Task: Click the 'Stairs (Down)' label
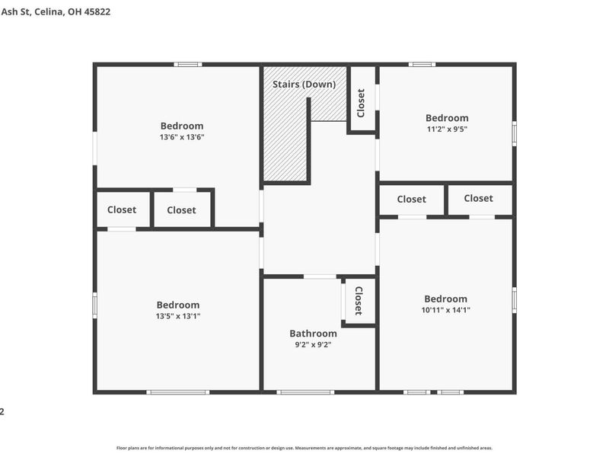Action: pyautogui.click(x=304, y=84)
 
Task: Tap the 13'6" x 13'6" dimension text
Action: pyautogui.click(x=182, y=138)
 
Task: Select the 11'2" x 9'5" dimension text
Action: pyautogui.click(x=447, y=130)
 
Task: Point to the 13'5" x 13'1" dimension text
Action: pyautogui.click(x=178, y=317)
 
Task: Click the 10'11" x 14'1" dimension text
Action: pyautogui.click(x=445, y=311)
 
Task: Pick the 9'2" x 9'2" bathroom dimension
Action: pyautogui.click(x=313, y=344)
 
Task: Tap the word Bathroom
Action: pyautogui.click(x=313, y=334)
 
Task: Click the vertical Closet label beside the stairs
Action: pyautogui.click(x=362, y=103)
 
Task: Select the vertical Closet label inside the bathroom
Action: pyautogui.click(x=358, y=301)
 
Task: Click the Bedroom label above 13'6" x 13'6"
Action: pyautogui.click(x=182, y=126)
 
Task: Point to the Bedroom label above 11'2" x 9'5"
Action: pyautogui.click(x=447, y=118)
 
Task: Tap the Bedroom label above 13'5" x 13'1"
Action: pyautogui.click(x=178, y=305)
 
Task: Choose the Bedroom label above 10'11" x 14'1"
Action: pyautogui.click(x=445, y=299)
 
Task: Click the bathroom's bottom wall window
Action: pyautogui.click(x=305, y=392)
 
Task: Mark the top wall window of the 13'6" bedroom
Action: pyautogui.click(x=187, y=64)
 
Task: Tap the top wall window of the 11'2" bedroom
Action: pyautogui.click(x=422, y=64)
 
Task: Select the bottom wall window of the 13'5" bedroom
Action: pyautogui.click(x=178, y=392)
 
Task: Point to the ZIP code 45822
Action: pyautogui.click(x=97, y=12)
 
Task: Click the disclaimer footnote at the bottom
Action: pyautogui.click(x=304, y=448)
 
